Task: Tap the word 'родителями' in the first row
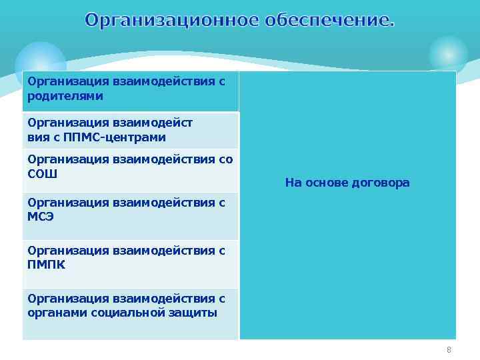point(65,96)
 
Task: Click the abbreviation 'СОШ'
point(43,174)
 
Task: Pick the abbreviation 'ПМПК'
point(47,265)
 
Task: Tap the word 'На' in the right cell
point(293,183)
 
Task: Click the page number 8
point(449,350)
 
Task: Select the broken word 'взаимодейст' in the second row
point(153,123)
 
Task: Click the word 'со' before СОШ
point(226,159)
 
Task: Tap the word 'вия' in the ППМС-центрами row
point(38,137)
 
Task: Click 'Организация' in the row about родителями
point(68,81)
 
